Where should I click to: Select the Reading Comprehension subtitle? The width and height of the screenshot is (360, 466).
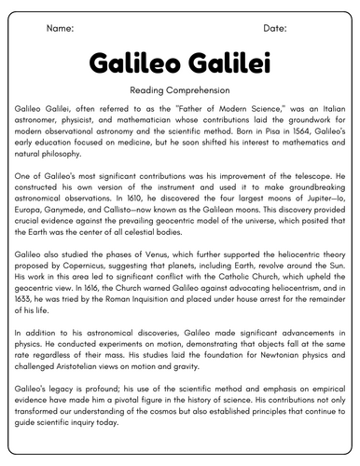pyautogui.click(x=180, y=91)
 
